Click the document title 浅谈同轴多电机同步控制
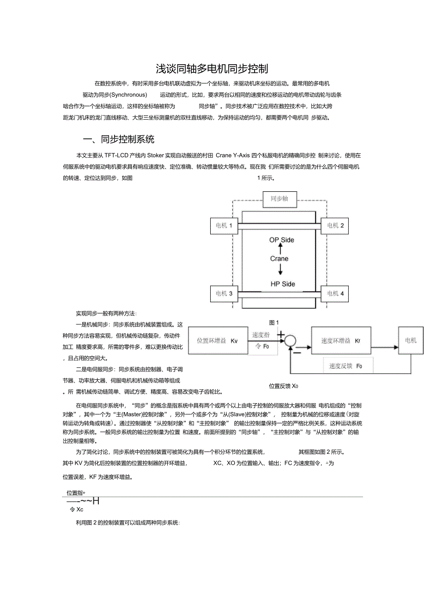pyautogui.click(x=212, y=69)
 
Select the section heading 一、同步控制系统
pyautogui.click(x=118, y=139)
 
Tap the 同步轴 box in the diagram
pyautogui.click(x=279, y=199)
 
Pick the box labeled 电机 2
pyautogui.click(x=335, y=225)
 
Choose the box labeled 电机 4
pyautogui.click(x=335, y=293)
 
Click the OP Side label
pyautogui.click(x=281, y=240)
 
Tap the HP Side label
pyautogui.click(x=282, y=284)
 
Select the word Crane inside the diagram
pyautogui.click(x=279, y=259)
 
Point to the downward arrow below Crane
pyautogui.click(x=279, y=270)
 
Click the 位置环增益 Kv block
pyautogui.click(x=217, y=341)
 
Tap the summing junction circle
pyautogui.click(x=290, y=341)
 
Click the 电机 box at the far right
pyautogui.click(x=411, y=341)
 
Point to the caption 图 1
pyautogui.click(x=274, y=322)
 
